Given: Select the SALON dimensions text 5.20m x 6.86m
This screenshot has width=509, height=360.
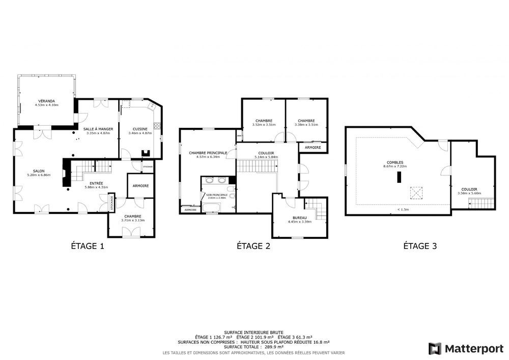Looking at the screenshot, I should pyautogui.click(x=39, y=175).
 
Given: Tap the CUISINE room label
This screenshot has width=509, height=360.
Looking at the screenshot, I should pyautogui.click(x=140, y=129).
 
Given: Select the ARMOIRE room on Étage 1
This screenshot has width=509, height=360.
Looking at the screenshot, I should pyautogui.click(x=140, y=186).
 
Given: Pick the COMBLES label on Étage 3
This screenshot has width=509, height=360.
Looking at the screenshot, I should pyautogui.click(x=394, y=162).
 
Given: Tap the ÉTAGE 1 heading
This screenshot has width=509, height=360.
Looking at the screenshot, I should pyautogui.click(x=87, y=246).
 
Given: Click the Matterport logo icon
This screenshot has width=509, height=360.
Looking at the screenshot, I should pyautogui.click(x=435, y=348).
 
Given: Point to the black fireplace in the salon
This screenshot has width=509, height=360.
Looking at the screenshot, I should pyautogui.click(x=65, y=173).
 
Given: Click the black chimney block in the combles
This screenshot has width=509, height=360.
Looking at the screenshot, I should pyautogui.click(x=400, y=177).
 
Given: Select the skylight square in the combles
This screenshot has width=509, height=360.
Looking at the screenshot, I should pyautogui.click(x=416, y=193).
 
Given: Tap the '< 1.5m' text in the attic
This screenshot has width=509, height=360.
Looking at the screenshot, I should pyautogui.click(x=403, y=209).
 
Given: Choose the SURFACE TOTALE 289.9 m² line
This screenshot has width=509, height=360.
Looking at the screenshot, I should pyautogui.click(x=253, y=347).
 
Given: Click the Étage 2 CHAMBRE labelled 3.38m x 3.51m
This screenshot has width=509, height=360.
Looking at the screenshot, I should pyautogui.click(x=306, y=122).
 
